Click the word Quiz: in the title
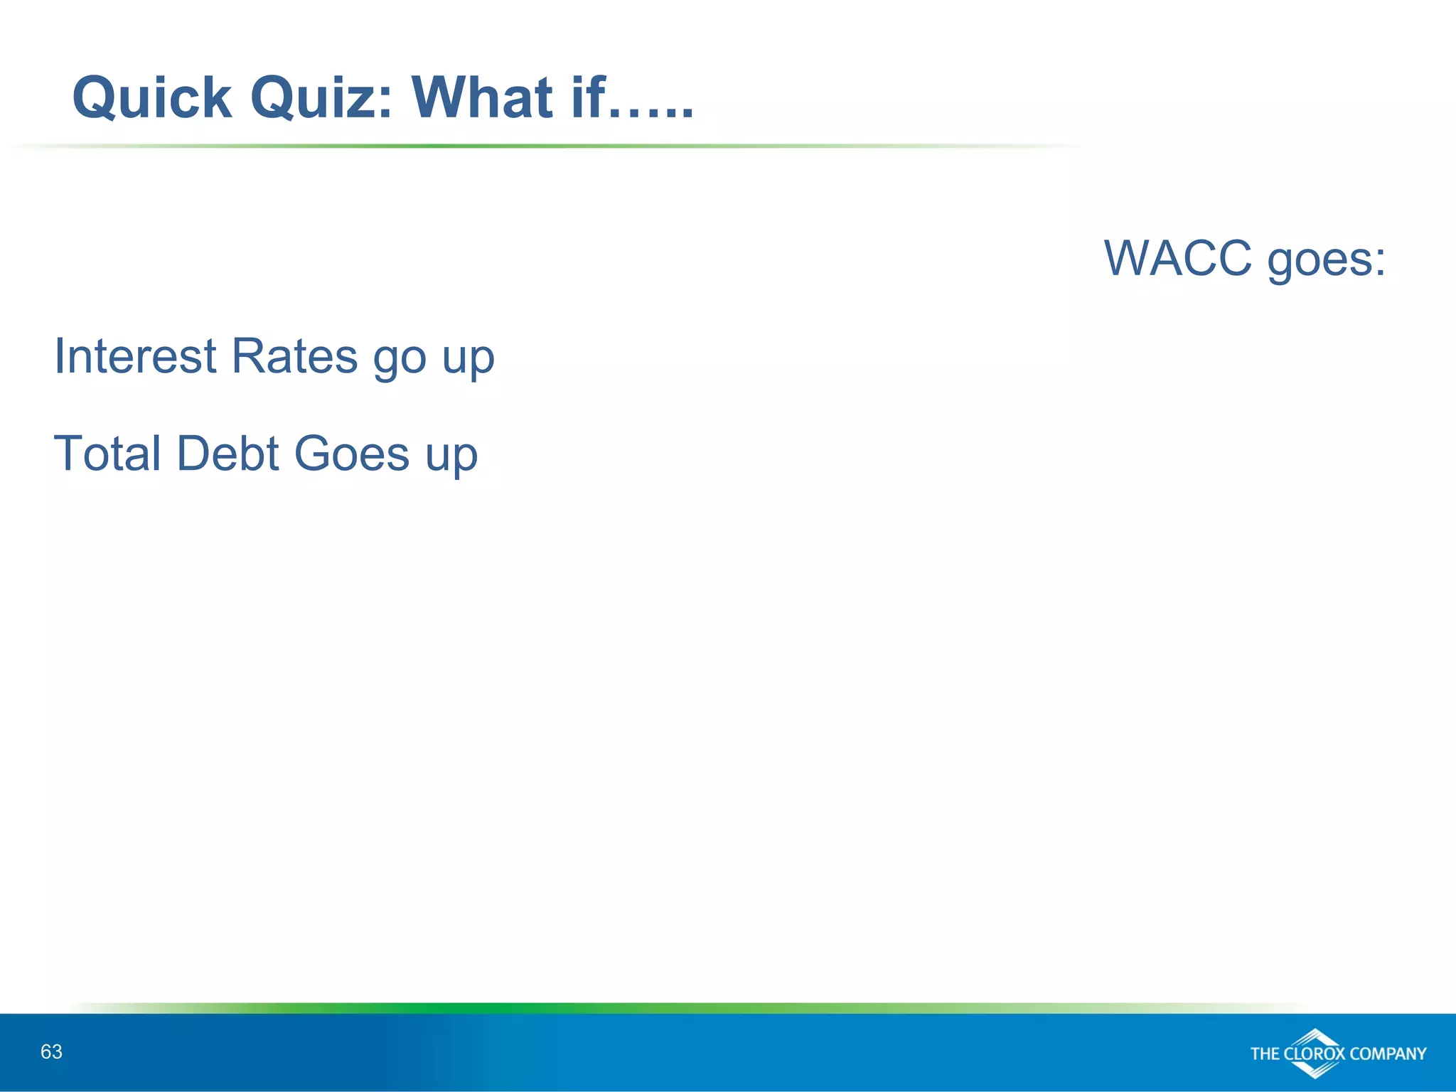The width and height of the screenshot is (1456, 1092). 322,97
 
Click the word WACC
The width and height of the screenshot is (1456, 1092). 1177,258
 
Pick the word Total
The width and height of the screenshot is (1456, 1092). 107,453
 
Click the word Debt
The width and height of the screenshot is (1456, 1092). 227,453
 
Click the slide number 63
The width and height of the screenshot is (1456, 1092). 51,1051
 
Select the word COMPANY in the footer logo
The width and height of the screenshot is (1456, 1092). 1387,1054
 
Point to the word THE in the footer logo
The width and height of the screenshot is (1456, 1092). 1265,1054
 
